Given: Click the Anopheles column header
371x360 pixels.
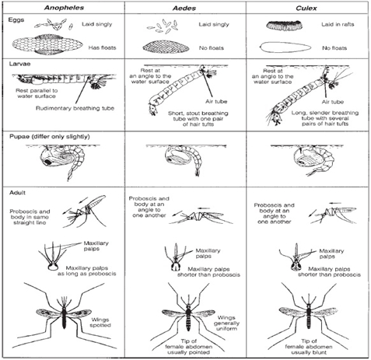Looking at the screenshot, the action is point(64,8).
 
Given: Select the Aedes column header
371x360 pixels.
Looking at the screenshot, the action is point(184,8).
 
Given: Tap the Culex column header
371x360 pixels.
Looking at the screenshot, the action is point(306,8).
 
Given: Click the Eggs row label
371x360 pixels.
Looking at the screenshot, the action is point(16,20).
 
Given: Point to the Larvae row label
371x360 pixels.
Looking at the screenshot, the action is point(19,64).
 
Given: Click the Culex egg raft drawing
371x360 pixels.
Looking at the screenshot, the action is point(284,25).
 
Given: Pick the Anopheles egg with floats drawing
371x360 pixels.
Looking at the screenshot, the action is point(47,44).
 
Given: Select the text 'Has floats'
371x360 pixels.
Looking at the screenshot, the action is point(102,47).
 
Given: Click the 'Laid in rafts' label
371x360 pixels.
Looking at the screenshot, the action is point(338,24).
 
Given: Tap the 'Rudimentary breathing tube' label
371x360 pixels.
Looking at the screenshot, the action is point(75,108).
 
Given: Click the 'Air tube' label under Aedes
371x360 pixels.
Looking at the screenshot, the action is point(216,101).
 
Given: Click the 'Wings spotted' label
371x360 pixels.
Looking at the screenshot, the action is point(100,323).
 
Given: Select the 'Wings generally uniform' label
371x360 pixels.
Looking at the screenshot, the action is point(226,323).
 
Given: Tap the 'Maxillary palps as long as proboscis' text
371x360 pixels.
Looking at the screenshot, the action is point(87,271).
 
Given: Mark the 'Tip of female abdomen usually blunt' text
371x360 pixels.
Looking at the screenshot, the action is point(309,347).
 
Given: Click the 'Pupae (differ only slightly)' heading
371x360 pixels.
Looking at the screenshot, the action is point(50,137).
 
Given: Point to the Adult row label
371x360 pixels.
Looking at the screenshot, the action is point(17,193).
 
